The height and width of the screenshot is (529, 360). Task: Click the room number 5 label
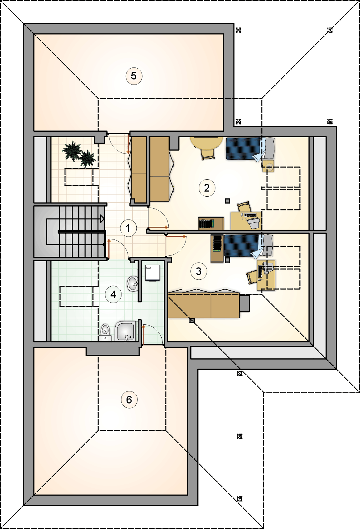[x=134, y=76]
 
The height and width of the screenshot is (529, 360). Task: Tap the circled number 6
[x=129, y=400]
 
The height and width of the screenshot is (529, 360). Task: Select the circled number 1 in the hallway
[x=128, y=228]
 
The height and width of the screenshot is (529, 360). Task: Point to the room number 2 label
[x=207, y=188]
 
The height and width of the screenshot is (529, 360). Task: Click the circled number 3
[x=199, y=271]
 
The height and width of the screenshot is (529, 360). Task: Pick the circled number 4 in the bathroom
[x=113, y=295]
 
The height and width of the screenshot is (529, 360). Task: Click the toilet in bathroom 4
[x=105, y=332]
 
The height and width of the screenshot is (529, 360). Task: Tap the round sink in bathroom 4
[x=133, y=284]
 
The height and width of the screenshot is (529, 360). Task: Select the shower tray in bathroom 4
[x=126, y=331]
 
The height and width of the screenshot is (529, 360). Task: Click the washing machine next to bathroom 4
[x=153, y=273]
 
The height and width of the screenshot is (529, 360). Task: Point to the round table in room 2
[x=206, y=143]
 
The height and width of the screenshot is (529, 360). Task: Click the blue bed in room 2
[x=250, y=149]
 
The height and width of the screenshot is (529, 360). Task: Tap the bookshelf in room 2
[x=211, y=224]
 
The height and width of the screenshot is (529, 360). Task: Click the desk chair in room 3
[x=252, y=277]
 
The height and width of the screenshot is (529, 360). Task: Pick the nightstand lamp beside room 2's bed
[x=269, y=167]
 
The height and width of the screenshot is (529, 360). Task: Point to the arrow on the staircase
[x=102, y=219]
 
